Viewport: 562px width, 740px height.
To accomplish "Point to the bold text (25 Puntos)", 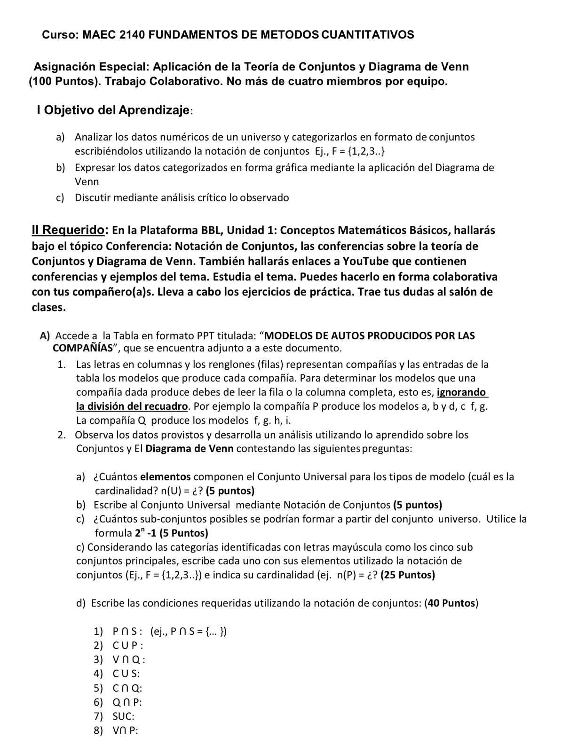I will (x=407, y=575).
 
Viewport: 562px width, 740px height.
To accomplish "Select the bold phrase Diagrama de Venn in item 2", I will (x=190, y=448).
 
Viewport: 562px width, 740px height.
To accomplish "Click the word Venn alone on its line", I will (x=87, y=181).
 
